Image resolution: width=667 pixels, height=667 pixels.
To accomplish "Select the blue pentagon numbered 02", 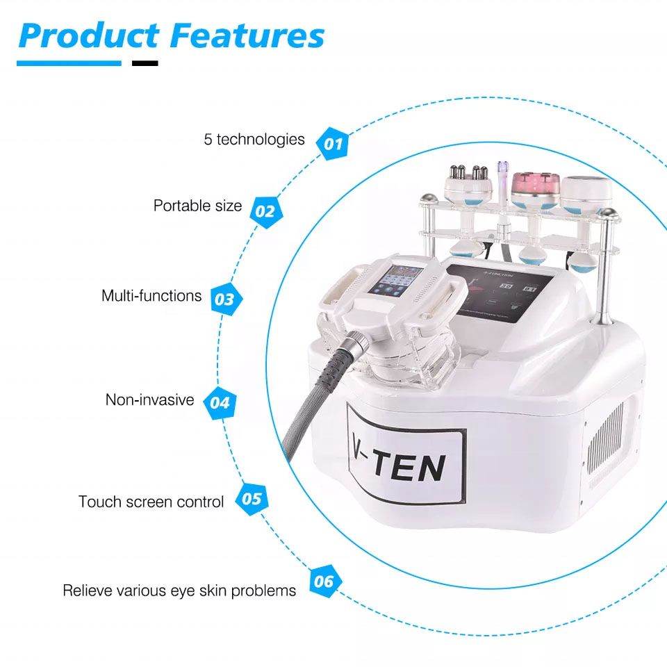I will click(265, 211).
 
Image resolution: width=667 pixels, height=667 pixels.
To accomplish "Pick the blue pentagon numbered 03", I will click(224, 299).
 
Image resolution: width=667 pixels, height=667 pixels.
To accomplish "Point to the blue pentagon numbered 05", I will click(252, 499).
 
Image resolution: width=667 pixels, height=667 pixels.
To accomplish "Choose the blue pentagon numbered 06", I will click(324, 581).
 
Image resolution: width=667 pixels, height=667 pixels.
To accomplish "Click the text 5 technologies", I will click(254, 139).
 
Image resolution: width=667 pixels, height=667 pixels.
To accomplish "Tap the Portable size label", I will click(198, 206).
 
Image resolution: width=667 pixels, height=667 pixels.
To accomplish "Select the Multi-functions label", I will click(151, 295).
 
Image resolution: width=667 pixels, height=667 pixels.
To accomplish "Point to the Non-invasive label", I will click(149, 400).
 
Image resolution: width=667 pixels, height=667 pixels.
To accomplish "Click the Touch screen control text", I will click(151, 502).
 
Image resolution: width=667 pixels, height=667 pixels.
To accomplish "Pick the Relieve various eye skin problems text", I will click(179, 591).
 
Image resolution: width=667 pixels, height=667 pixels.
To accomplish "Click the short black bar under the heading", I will click(145, 63).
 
